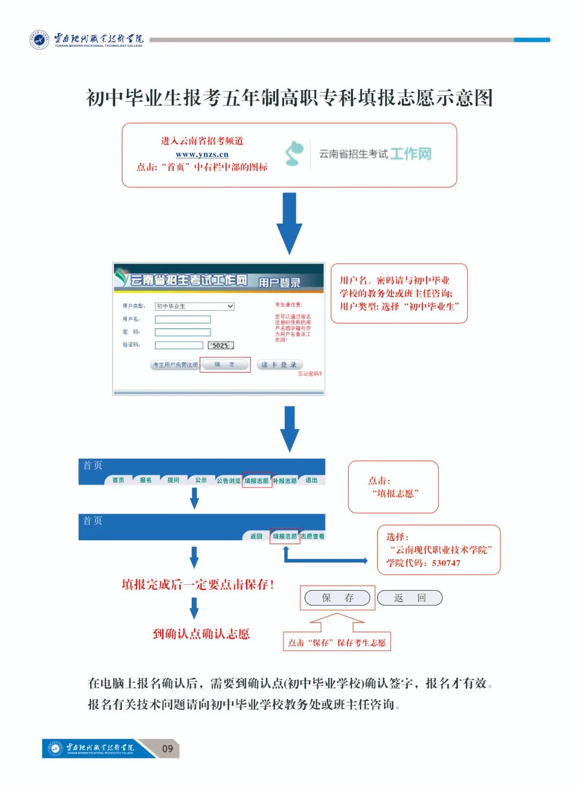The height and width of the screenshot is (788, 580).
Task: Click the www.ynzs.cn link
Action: [x=202, y=154]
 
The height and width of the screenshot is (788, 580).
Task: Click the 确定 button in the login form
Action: [x=224, y=364]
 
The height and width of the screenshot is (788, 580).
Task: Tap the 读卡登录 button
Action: [x=279, y=364]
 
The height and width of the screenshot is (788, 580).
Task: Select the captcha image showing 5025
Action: [x=221, y=346]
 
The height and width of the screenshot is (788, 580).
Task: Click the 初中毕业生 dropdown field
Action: [x=194, y=306]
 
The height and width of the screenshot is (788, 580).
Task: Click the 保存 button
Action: [x=337, y=598]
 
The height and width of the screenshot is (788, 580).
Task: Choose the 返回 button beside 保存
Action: [x=410, y=598]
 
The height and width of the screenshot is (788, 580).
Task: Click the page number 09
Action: [x=168, y=748]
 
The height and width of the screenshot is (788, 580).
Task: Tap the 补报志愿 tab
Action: [x=285, y=481]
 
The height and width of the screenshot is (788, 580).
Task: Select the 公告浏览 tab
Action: [x=228, y=481]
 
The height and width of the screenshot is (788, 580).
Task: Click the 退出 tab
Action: [x=311, y=480]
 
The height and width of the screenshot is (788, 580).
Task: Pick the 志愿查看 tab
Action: [x=313, y=536]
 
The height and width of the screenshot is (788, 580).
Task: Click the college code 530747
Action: [x=446, y=563]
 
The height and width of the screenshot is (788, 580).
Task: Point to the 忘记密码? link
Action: [x=310, y=374]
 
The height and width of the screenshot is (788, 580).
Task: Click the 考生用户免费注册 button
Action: [x=175, y=364]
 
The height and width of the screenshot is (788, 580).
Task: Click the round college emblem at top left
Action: [x=39, y=39]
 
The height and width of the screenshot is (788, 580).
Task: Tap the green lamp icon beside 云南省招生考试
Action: [x=294, y=153]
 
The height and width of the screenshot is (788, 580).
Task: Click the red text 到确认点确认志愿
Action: [x=201, y=634]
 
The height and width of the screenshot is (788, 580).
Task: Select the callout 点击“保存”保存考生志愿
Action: [x=337, y=642]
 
